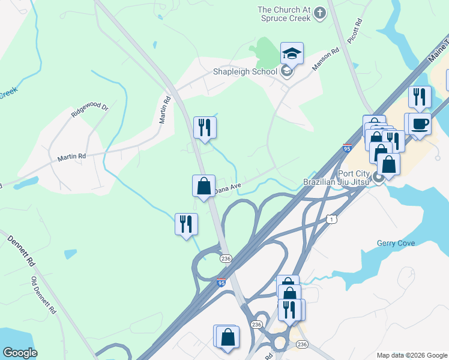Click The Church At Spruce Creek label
coord(284,14)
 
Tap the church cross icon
coord(320,13)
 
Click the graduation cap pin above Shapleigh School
coord(292,53)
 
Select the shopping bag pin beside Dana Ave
coord(203,185)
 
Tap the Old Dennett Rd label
coord(43,296)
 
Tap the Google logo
coord(20,353)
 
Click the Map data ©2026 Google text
coord(411,355)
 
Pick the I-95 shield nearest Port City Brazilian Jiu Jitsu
coord(346,148)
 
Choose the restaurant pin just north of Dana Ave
coord(205,127)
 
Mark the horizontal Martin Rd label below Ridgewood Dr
coord(71,157)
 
